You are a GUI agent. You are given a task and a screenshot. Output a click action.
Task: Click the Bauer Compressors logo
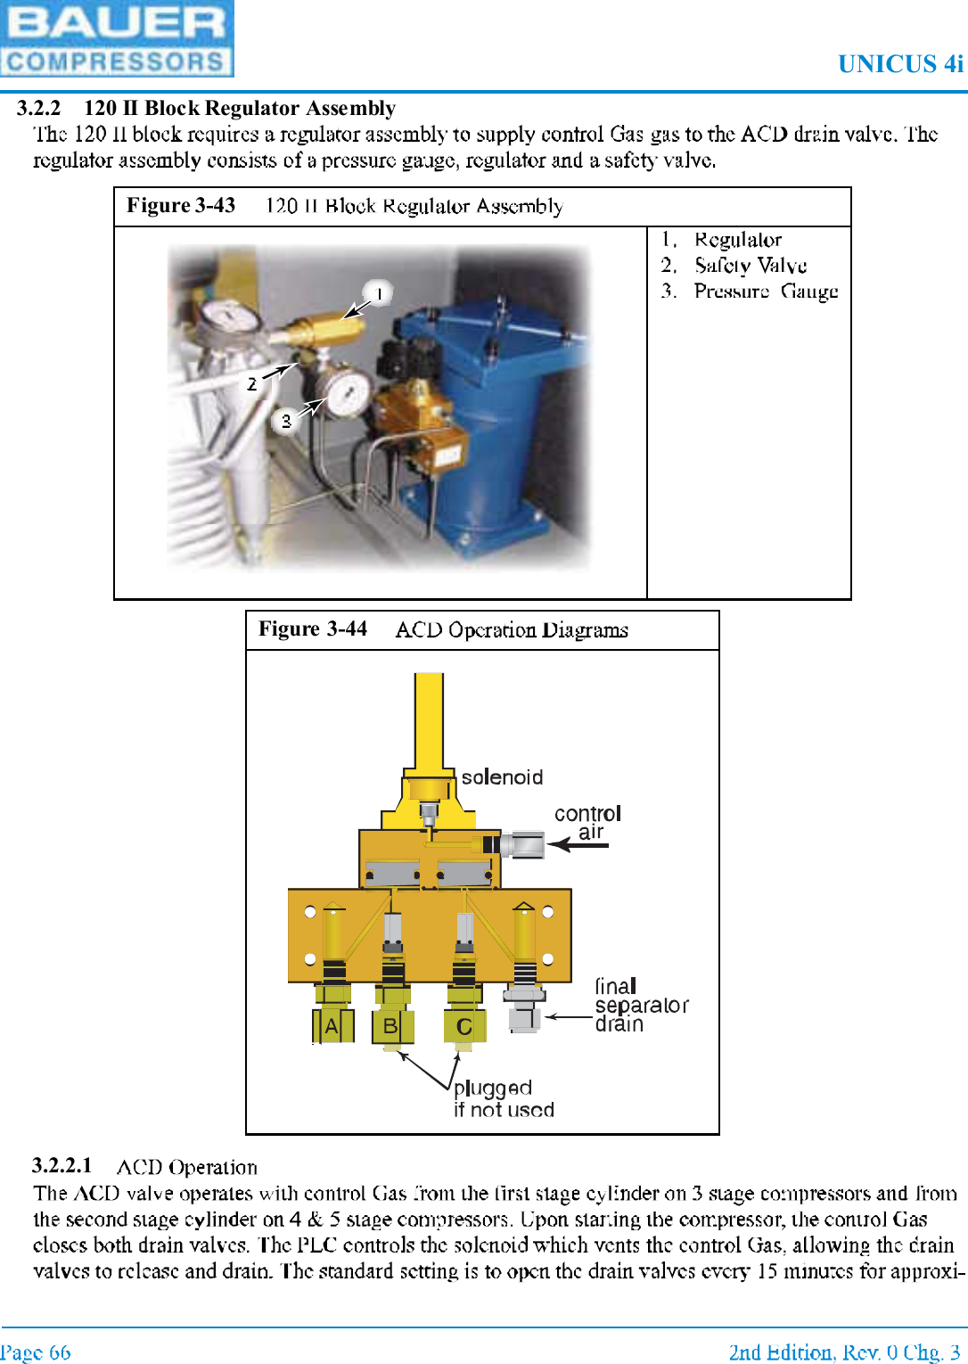click(117, 38)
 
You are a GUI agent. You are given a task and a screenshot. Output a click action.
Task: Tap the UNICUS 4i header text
click(900, 64)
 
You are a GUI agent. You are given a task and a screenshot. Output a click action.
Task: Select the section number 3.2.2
click(38, 109)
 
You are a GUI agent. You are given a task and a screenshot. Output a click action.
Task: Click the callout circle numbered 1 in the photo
click(379, 293)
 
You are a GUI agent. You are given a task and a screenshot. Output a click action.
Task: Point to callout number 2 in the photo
click(252, 384)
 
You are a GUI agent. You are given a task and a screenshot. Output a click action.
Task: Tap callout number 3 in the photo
click(286, 421)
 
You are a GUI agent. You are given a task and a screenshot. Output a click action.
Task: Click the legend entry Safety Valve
click(750, 266)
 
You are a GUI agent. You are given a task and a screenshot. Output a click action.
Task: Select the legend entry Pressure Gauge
click(765, 292)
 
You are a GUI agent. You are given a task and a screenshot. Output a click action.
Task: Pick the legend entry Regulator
click(737, 240)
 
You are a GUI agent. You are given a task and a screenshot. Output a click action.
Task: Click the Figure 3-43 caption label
click(181, 206)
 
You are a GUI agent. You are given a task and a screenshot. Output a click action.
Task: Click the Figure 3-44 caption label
click(313, 629)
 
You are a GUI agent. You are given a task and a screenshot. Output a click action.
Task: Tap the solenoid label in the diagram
click(502, 777)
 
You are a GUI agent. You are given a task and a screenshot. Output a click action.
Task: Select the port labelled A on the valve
click(332, 1026)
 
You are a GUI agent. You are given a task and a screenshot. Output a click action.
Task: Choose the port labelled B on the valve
click(390, 1026)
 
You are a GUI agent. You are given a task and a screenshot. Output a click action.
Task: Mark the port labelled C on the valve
click(464, 1027)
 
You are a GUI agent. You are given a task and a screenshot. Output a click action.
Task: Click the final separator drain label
click(641, 1005)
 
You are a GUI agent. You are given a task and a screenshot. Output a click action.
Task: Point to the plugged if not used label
click(504, 1099)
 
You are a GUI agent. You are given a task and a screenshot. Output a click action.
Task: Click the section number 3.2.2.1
click(62, 1166)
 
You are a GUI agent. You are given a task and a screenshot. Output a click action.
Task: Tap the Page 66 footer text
click(36, 1352)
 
